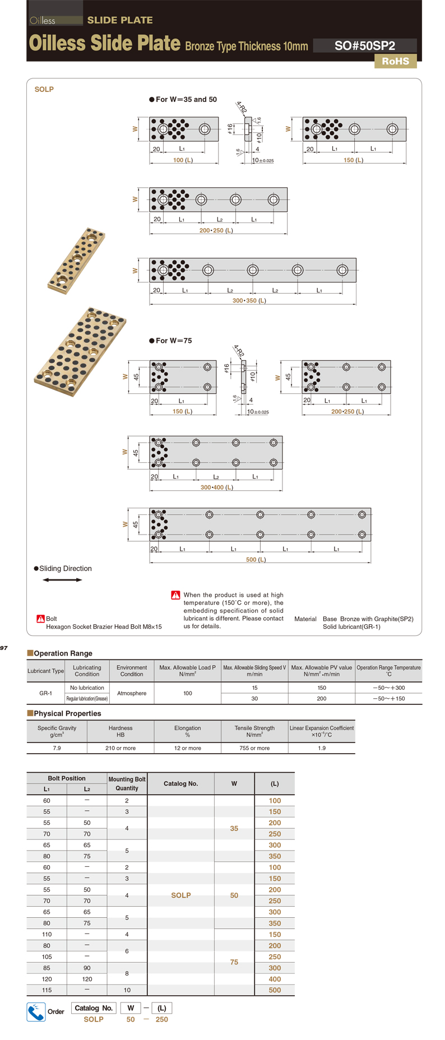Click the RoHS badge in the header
[x=395, y=61]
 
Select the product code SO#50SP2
[x=364, y=46]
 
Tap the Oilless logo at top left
[x=43, y=21]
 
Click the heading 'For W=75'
[x=173, y=341]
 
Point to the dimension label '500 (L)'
[x=256, y=559]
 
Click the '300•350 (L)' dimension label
[x=249, y=300]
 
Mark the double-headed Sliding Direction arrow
[x=62, y=580]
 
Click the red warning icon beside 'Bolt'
[x=40, y=619]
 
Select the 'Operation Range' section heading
[x=63, y=653]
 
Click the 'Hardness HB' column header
[x=120, y=731]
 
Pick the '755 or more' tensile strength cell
[x=254, y=748]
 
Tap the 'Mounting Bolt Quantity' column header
[x=127, y=783]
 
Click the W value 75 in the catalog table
[x=234, y=962]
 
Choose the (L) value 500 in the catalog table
[x=275, y=990]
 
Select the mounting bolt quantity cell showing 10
[x=127, y=990]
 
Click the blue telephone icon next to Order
[x=36, y=1011]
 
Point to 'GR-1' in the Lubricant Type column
[x=46, y=693]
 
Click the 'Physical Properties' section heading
[x=67, y=713]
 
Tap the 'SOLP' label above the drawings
[x=44, y=89]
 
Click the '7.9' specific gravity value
[x=57, y=748]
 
